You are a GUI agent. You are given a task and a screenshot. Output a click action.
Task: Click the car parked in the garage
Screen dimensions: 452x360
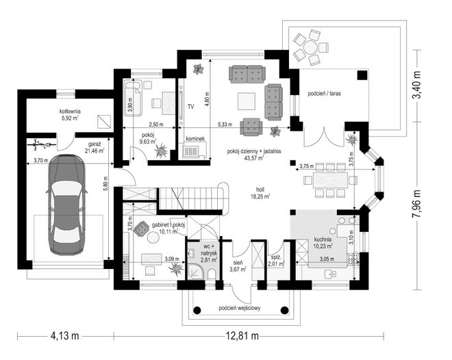[66, 205]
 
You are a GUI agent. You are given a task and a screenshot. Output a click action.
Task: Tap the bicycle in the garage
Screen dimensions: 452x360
[41, 144]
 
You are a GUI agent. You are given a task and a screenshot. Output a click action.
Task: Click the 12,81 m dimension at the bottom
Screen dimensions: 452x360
[242, 335]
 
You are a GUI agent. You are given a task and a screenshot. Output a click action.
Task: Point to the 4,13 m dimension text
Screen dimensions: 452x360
[64, 335]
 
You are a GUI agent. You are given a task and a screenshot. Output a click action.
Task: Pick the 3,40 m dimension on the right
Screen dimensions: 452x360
[417, 86]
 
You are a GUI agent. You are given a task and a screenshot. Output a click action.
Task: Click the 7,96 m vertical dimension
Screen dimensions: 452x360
[417, 204]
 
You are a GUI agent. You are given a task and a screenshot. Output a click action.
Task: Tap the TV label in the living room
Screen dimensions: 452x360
[190, 107]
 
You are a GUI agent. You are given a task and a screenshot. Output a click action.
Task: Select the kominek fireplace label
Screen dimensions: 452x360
[195, 139]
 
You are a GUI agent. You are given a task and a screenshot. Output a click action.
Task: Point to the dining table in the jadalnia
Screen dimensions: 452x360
[330, 181]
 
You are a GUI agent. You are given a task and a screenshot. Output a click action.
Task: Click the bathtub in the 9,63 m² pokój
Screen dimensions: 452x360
[133, 98]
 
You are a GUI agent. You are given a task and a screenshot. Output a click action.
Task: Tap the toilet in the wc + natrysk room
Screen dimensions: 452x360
[211, 274]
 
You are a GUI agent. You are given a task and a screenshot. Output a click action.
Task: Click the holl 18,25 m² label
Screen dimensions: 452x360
[260, 193]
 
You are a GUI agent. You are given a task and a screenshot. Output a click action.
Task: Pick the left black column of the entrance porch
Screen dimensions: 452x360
[197, 310]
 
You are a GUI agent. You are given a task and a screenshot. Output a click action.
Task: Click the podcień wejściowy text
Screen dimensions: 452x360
[240, 308]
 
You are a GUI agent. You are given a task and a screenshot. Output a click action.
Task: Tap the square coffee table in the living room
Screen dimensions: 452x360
[246, 101]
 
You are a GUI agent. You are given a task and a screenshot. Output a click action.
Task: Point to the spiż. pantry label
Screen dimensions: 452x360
[277, 260]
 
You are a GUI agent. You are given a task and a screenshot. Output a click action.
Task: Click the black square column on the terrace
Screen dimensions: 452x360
[362, 75]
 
